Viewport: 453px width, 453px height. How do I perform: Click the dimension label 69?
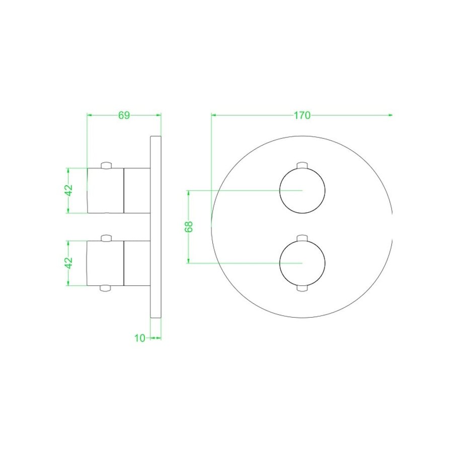(x=124, y=115)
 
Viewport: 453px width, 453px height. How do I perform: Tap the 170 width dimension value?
(x=301, y=115)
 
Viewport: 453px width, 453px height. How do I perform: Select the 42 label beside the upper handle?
(x=69, y=190)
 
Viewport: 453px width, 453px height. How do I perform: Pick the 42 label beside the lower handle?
(x=69, y=262)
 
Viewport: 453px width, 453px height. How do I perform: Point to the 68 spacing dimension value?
(x=189, y=226)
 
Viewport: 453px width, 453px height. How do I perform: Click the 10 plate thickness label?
(x=140, y=338)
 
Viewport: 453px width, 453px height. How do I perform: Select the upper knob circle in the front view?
(x=302, y=190)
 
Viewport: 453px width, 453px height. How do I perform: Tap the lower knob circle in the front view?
(x=302, y=263)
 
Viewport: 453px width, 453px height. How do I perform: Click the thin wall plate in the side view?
(x=156, y=226)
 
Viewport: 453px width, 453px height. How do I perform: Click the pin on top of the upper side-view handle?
(x=106, y=165)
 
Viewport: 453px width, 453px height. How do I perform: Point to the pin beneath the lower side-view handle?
(x=106, y=288)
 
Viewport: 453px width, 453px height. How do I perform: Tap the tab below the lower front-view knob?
(x=302, y=288)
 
